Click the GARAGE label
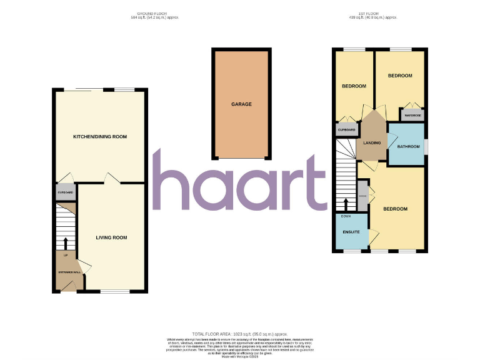click(x=241, y=104)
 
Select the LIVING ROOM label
click(x=111, y=237)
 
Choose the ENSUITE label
click(x=351, y=232)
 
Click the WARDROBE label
click(x=412, y=116)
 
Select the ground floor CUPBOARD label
click(x=66, y=192)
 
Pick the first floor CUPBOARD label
click(x=346, y=130)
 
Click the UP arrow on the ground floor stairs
click(x=66, y=243)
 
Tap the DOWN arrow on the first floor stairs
click(x=346, y=204)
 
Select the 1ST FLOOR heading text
click(x=373, y=14)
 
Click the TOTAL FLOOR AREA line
click(x=240, y=335)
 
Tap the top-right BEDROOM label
click(x=400, y=76)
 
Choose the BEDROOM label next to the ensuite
click(x=395, y=209)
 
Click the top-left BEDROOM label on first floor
click(x=353, y=86)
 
